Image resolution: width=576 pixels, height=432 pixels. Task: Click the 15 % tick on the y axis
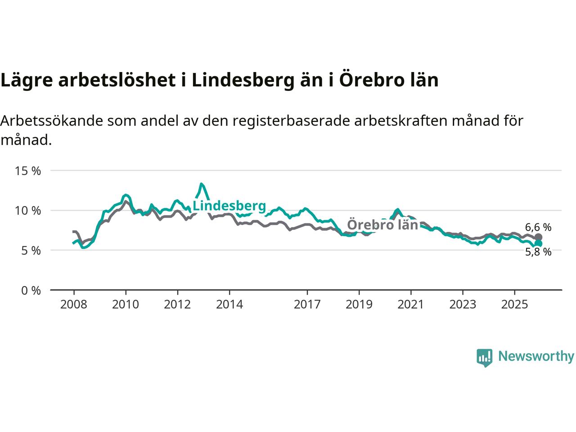pyautogui.click(x=28, y=171)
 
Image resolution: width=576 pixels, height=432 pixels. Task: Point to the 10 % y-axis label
pyautogui.click(x=28, y=211)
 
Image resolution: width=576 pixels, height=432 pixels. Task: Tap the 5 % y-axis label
pyautogui.click(x=31, y=250)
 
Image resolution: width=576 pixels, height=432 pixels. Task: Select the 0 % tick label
pyautogui.click(x=31, y=291)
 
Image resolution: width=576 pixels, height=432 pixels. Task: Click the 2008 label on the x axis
pyautogui.click(x=74, y=305)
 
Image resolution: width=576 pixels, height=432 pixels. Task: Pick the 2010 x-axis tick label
pyautogui.click(x=126, y=305)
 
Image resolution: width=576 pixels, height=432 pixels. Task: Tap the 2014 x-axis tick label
pyautogui.click(x=229, y=305)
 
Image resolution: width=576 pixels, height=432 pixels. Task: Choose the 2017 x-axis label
pyautogui.click(x=307, y=305)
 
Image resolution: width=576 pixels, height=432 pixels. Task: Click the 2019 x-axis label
pyautogui.click(x=359, y=305)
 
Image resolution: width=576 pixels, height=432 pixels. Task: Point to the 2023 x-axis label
pyautogui.click(x=463, y=305)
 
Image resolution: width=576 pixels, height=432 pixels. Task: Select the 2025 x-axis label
pyautogui.click(x=514, y=305)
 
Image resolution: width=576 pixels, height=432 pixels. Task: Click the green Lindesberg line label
pyautogui.click(x=229, y=206)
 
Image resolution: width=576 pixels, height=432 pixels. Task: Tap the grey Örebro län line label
pyautogui.click(x=382, y=225)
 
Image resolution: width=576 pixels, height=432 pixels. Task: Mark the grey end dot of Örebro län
pyautogui.click(x=538, y=237)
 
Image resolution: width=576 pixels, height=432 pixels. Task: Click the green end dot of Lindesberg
pyautogui.click(x=538, y=243)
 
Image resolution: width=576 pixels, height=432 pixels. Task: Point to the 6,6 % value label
pyautogui.click(x=538, y=228)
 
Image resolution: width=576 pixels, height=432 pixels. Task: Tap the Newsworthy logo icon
pyautogui.click(x=484, y=357)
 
